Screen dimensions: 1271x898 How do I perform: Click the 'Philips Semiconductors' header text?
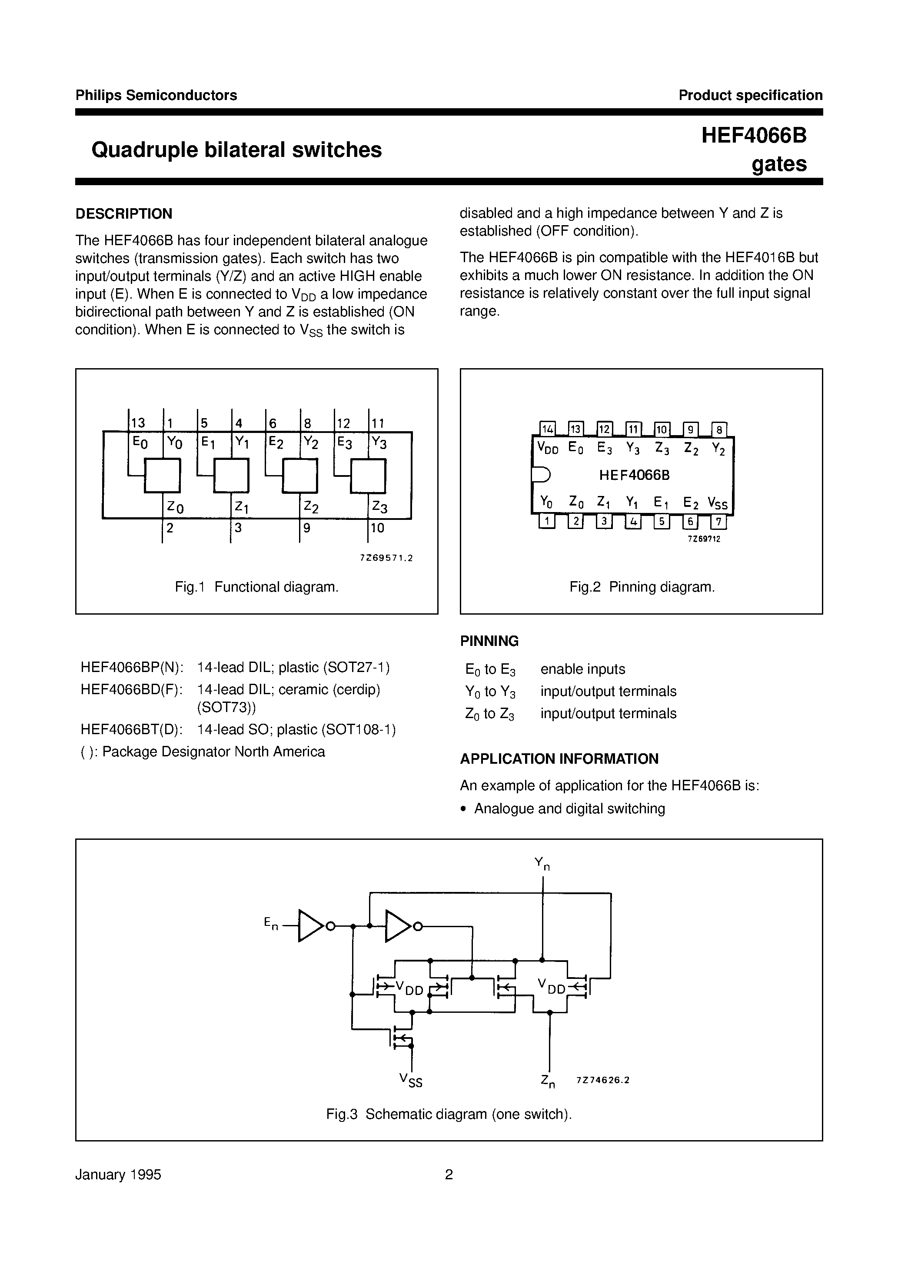(x=156, y=95)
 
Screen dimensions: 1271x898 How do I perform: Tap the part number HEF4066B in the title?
(x=754, y=136)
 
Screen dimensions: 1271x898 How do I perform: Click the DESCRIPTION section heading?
(x=123, y=214)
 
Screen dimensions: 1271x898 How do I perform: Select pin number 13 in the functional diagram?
(x=137, y=423)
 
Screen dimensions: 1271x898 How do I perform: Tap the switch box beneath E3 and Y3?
(x=368, y=476)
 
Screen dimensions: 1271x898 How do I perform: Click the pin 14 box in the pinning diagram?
(x=547, y=429)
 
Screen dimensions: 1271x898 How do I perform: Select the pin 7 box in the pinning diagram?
(x=718, y=522)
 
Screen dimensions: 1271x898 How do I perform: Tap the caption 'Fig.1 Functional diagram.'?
(x=256, y=587)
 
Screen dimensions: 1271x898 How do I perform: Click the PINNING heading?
(x=489, y=641)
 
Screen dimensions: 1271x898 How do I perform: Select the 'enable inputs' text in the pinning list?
(x=582, y=669)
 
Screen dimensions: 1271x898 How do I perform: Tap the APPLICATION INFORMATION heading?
(x=559, y=759)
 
